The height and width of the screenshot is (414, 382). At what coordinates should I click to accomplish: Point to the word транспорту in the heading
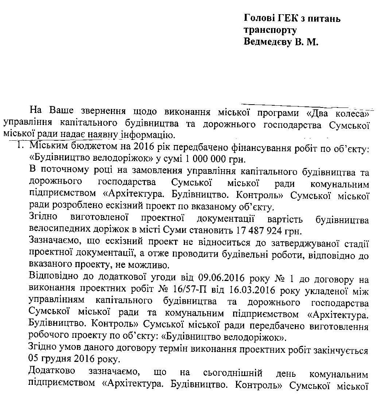tap(270, 30)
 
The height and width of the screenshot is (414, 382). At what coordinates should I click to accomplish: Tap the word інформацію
tap(144, 136)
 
